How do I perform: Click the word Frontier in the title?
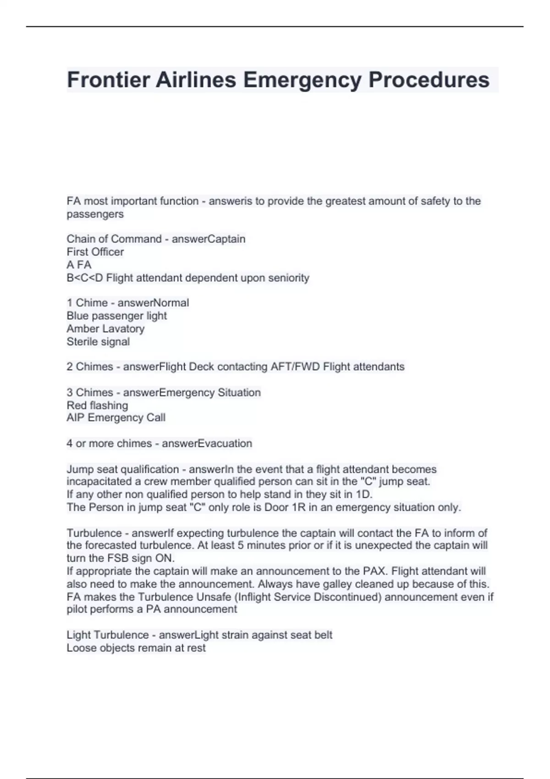pos(108,80)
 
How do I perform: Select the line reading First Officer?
pos(95,252)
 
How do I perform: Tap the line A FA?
pos(79,265)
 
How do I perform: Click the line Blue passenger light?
pos(116,316)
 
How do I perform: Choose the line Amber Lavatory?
pos(105,329)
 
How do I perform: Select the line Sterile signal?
pos(98,341)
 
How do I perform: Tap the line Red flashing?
pos(97,405)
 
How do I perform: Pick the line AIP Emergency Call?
pos(116,417)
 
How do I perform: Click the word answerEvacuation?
pos(207,443)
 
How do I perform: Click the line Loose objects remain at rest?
pos(136,648)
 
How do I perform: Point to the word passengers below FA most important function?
pos(95,214)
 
